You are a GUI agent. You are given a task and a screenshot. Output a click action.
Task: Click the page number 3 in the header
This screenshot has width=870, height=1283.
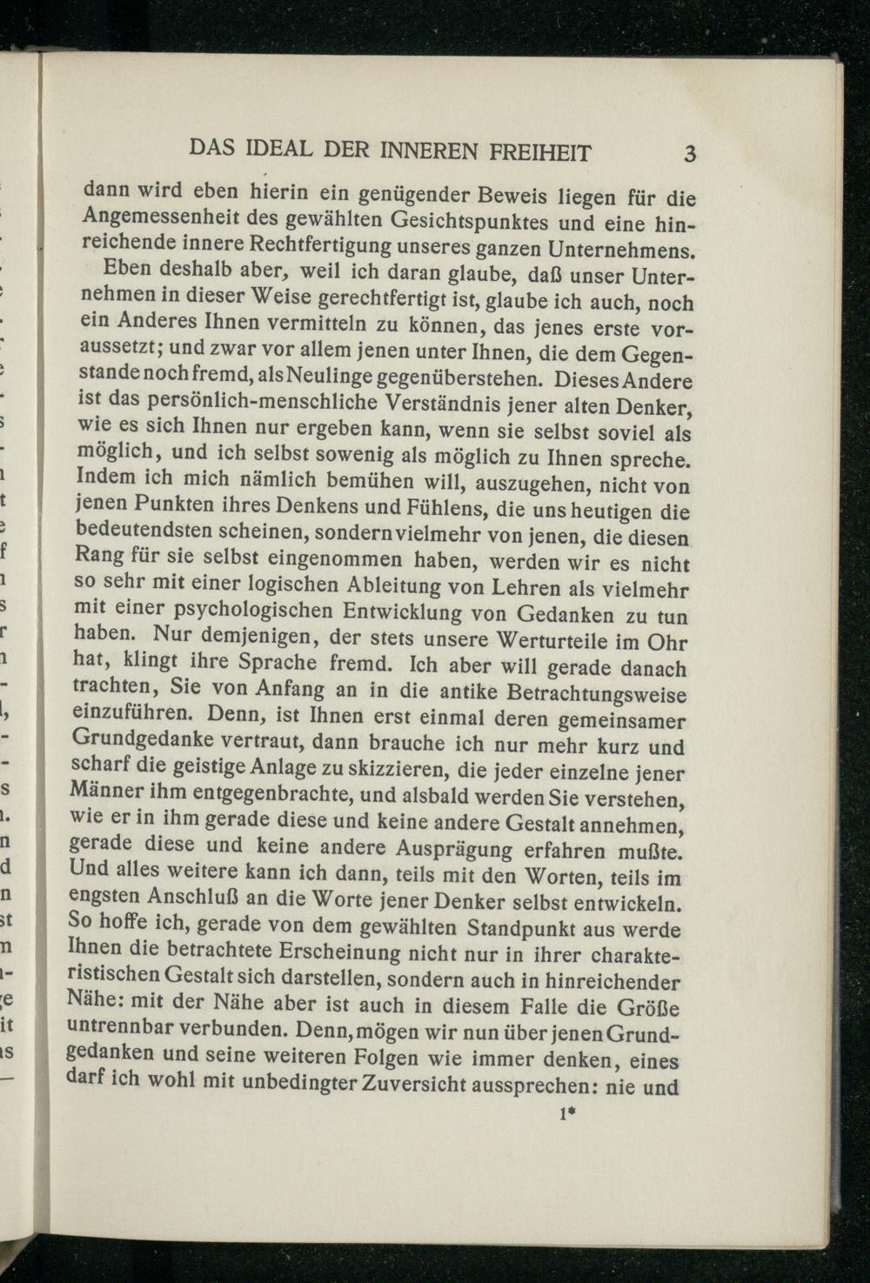[690, 153]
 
